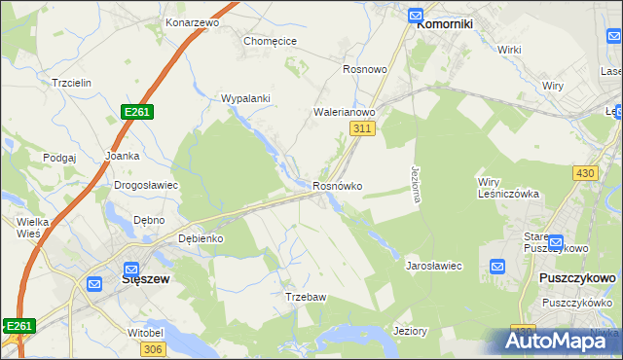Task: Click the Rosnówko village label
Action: coord(338,186)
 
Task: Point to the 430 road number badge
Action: coord(584,172)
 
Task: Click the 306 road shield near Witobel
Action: coord(152,349)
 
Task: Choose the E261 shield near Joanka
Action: coord(137,113)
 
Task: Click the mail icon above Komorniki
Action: coord(416,15)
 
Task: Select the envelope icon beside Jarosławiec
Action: coord(497,266)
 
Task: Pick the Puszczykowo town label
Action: coord(576,278)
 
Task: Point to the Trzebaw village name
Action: coord(304,297)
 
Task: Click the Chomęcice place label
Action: coord(270,41)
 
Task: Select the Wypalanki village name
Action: coord(245,98)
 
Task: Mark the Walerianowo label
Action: coord(344,112)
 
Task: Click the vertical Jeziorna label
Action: coord(416,183)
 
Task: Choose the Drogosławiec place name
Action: coord(145,185)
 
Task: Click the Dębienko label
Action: coord(202,238)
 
